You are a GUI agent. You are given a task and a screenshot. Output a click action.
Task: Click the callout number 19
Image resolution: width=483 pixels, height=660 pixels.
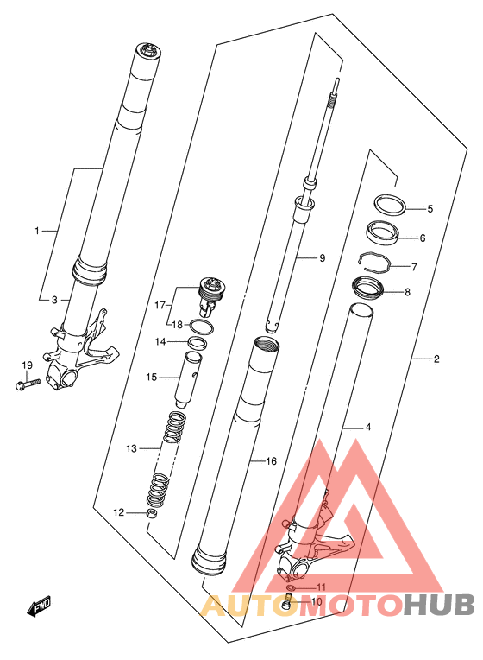(27, 365)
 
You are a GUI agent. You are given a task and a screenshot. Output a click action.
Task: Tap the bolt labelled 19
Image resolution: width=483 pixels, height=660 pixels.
(27, 384)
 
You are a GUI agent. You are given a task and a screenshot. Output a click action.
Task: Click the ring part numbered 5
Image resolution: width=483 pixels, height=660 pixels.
(391, 205)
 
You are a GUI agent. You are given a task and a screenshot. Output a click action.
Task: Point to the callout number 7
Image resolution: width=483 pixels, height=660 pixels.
(414, 267)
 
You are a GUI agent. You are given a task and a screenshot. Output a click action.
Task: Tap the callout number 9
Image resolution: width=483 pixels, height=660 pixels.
(323, 258)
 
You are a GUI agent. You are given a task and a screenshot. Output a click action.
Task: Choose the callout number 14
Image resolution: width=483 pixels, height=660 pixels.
(160, 342)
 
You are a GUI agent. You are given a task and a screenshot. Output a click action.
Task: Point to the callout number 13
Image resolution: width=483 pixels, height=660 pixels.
(132, 448)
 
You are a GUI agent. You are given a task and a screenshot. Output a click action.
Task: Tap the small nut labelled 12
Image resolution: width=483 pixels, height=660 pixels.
(152, 514)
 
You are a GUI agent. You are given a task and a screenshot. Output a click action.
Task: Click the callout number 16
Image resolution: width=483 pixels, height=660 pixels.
(272, 461)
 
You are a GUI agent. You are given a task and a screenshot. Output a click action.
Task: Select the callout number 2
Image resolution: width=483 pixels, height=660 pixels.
(436, 359)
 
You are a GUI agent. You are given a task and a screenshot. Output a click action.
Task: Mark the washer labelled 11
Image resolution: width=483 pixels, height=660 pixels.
(291, 587)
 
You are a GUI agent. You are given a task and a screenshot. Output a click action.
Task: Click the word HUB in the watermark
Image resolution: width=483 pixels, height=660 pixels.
(440, 606)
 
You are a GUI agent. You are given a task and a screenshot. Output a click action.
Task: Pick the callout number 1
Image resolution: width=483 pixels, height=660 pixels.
(37, 231)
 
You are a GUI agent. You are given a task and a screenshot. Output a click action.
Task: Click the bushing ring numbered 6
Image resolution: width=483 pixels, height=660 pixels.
(383, 232)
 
